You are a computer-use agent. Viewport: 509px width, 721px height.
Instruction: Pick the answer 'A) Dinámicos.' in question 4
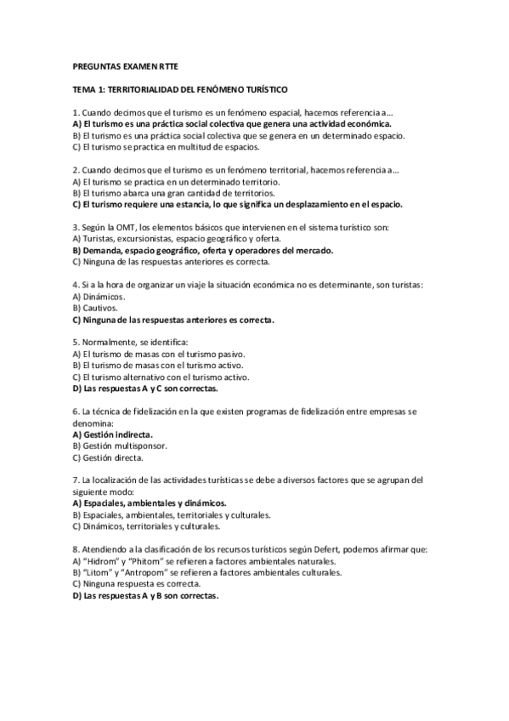click(99, 296)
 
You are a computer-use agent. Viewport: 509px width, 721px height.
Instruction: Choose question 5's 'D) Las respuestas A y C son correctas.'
click(145, 388)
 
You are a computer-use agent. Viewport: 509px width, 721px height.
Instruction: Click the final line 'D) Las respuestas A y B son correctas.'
click(145, 596)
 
